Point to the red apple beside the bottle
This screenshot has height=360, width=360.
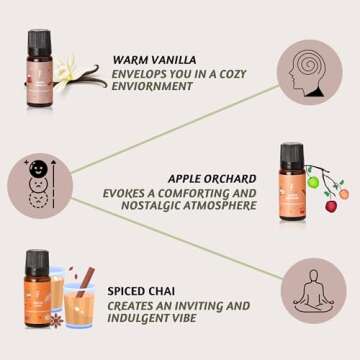[331, 206]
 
